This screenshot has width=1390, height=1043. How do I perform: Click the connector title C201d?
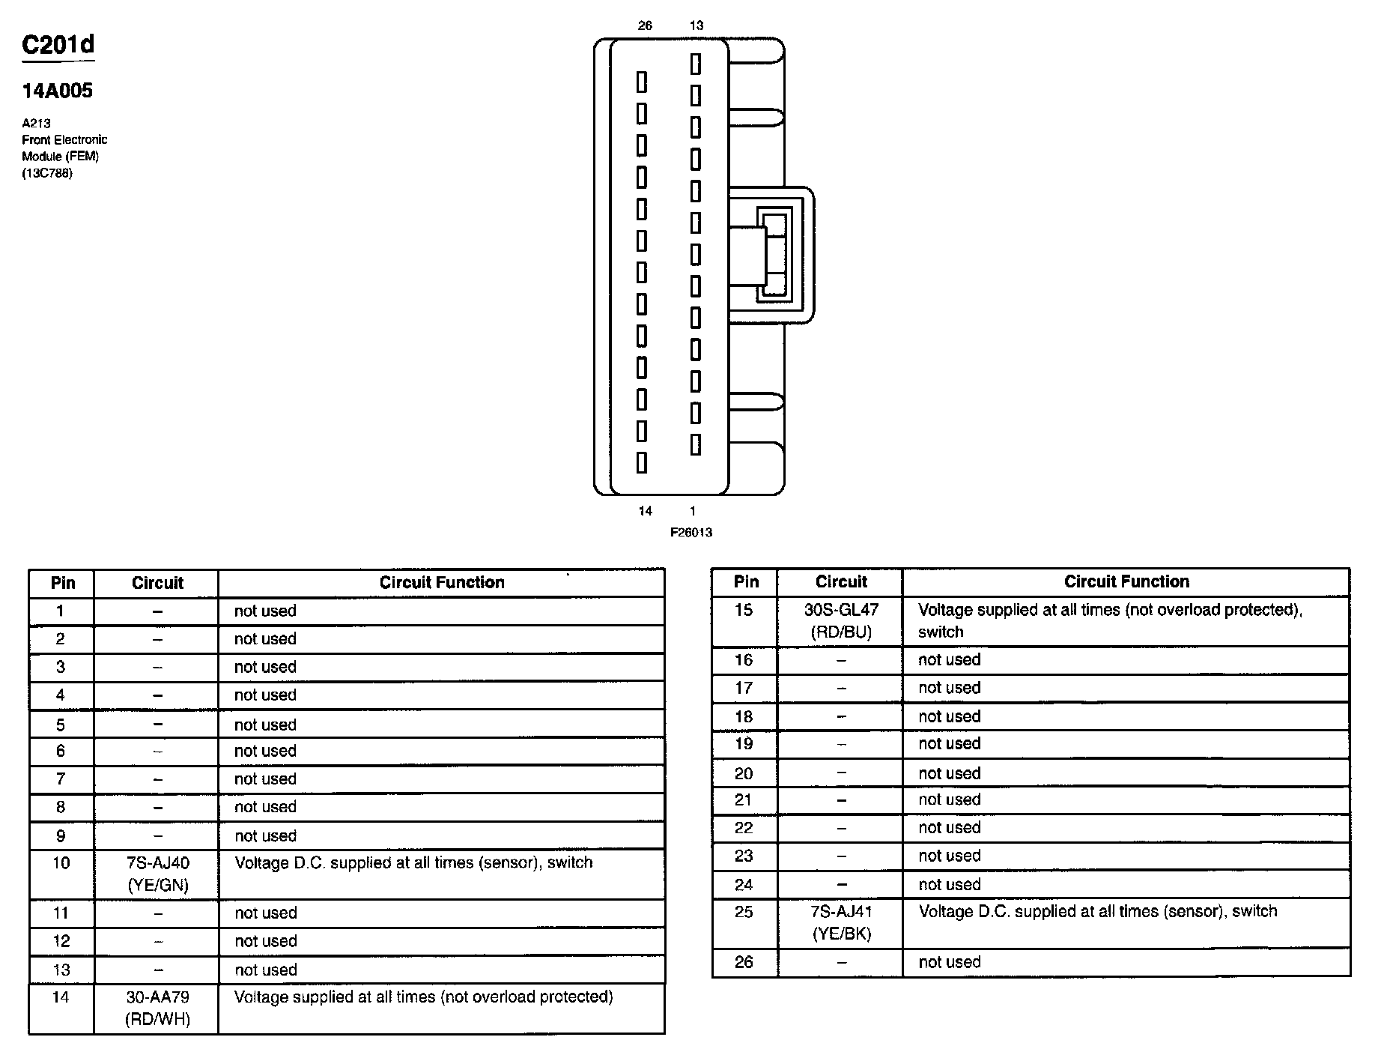pyautogui.click(x=58, y=46)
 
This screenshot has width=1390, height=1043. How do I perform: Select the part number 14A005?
pyautogui.click(x=57, y=91)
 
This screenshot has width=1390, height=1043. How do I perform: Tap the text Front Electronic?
pyautogui.click(x=64, y=139)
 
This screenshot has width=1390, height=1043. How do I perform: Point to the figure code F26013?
pyautogui.click(x=691, y=532)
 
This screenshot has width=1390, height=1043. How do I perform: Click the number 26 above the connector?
pyautogui.click(x=645, y=25)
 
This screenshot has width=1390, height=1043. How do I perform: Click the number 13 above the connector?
pyautogui.click(x=696, y=25)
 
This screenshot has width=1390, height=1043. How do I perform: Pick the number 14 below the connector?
pyautogui.click(x=645, y=511)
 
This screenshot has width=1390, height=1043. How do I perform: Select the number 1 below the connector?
pyautogui.click(x=693, y=511)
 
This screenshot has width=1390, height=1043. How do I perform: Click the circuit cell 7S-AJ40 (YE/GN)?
pyautogui.click(x=157, y=874)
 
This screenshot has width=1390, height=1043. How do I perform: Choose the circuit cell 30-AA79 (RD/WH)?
pyautogui.click(x=157, y=1008)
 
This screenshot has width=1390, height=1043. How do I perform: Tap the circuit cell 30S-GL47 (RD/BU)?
pyautogui.click(x=841, y=620)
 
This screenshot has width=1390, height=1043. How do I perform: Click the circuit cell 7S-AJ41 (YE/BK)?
pyautogui.click(x=841, y=922)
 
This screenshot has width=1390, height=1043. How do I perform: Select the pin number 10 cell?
pyautogui.click(x=61, y=863)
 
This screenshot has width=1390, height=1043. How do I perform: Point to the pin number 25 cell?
pyautogui.click(x=744, y=912)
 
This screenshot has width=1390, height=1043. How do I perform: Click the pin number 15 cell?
pyautogui.click(x=744, y=610)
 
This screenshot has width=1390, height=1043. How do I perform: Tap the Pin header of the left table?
pyautogui.click(x=62, y=583)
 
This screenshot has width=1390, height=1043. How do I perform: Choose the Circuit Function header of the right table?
pyautogui.click(x=1126, y=581)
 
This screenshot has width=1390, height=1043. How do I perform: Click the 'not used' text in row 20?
pyautogui.click(x=949, y=773)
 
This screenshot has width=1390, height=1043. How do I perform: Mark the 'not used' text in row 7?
pyautogui.click(x=265, y=779)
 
